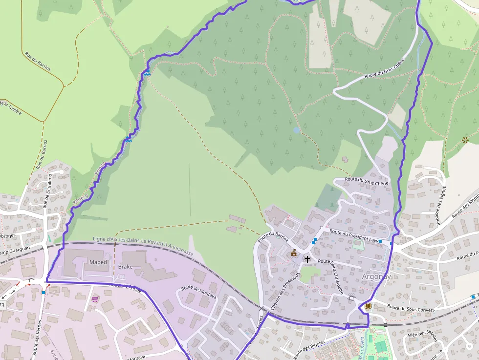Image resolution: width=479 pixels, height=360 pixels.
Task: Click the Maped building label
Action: (98, 262)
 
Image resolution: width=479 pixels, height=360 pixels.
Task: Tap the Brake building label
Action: (125, 267)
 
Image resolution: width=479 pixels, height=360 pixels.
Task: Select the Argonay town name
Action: (376, 276)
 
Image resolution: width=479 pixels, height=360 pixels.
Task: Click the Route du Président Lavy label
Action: (354, 236)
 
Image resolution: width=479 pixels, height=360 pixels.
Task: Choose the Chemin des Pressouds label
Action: (279, 291)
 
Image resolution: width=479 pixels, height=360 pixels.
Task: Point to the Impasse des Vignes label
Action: (441, 206)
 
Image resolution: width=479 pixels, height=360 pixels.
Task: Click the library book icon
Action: (368, 306)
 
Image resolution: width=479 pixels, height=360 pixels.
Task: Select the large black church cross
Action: (307, 259)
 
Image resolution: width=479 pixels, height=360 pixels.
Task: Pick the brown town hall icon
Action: (294, 253)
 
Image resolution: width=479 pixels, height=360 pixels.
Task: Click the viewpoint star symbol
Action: (465, 140)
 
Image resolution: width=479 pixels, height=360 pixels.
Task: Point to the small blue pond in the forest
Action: (296, 130)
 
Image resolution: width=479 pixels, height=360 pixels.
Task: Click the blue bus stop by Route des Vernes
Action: (44, 292)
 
